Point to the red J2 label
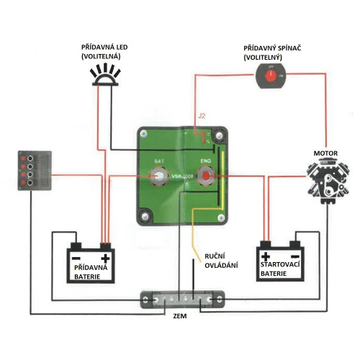coord(201,115)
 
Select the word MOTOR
coord(325,153)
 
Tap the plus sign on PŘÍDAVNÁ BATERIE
coord(105,258)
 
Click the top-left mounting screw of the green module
coord(145,135)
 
